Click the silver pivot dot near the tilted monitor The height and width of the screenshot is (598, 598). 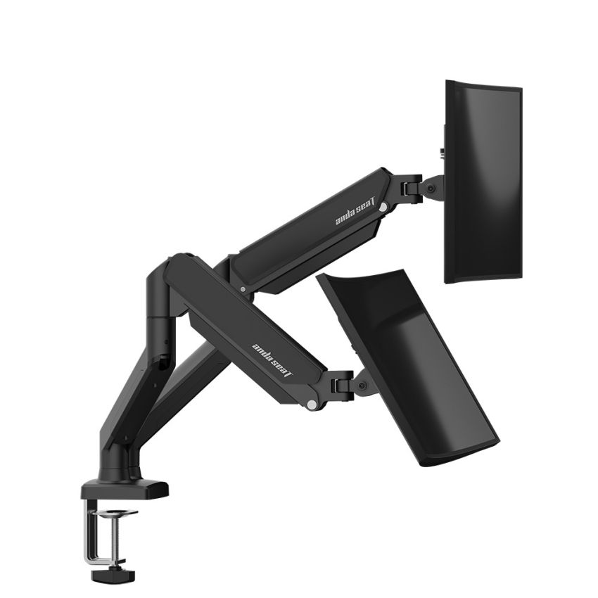tap(310, 404)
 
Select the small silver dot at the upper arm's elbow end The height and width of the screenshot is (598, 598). tap(243, 288)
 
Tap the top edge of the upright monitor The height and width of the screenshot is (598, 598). tap(484, 85)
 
